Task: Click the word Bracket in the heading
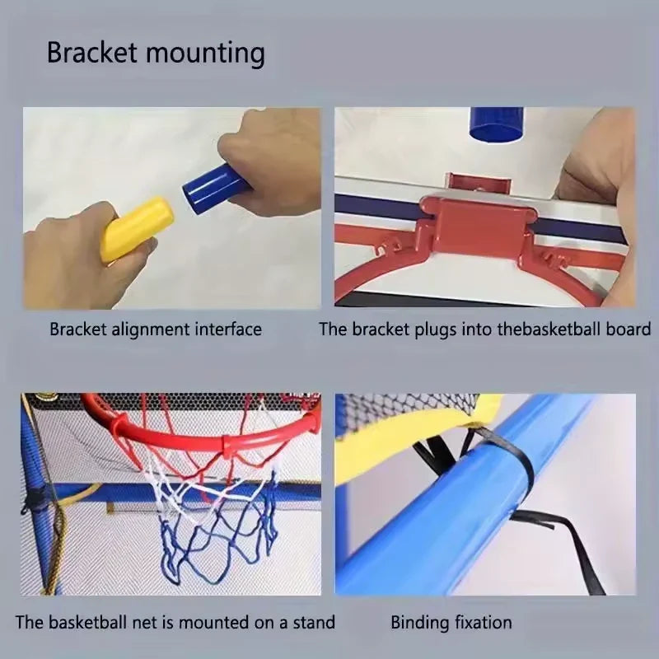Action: coord(91,53)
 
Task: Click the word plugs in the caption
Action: coord(425,329)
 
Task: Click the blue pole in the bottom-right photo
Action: coord(461,527)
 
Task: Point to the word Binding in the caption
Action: coord(418,623)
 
